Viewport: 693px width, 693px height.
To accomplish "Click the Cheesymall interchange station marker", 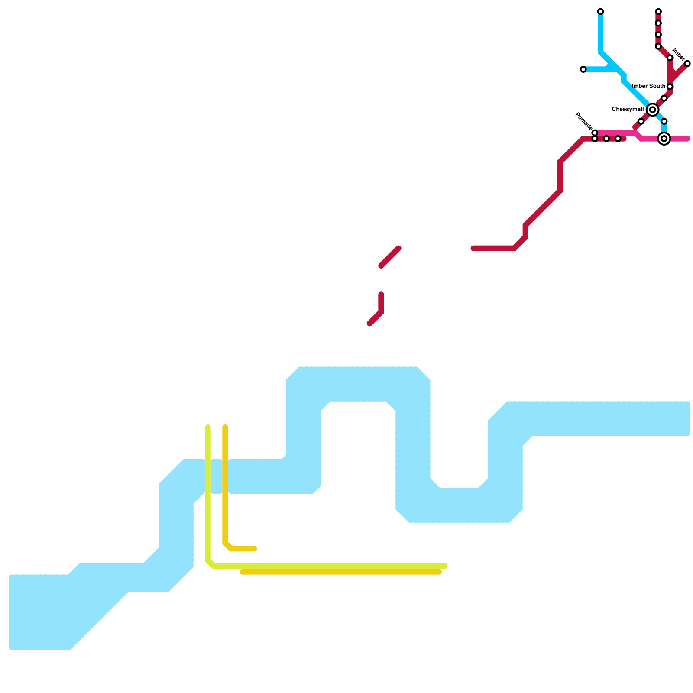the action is pos(652,110).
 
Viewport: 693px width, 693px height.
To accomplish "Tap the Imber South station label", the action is pos(648,87).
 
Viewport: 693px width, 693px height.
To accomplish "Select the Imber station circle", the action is pos(687,64).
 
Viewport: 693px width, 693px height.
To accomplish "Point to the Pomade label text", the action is pos(583,121).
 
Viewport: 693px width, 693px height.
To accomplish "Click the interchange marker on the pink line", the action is pos(664,139).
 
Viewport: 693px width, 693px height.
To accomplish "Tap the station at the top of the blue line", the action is pos(600,11).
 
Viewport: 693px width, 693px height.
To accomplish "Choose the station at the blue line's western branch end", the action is pos(583,69).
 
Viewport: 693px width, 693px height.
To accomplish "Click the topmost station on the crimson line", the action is pos(658,11).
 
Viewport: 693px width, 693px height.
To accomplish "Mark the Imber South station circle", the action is pos(670,87).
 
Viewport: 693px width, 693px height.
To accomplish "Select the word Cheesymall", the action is pos(628,110).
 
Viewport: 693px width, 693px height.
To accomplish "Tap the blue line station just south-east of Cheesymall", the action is pos(664,121).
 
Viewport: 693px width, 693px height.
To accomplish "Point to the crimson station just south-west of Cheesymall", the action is pos(641,121).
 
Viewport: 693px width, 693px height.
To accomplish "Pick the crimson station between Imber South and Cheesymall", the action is pos(664,98).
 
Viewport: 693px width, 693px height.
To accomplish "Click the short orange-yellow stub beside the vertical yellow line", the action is pos(243,549).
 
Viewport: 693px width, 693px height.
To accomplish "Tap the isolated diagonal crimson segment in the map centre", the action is pos(390,257).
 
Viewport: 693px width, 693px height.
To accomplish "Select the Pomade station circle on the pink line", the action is pos(595,133).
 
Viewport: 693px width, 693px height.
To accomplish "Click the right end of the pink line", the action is pos(687,139).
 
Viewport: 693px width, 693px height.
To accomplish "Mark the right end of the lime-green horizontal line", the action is pos(445,566).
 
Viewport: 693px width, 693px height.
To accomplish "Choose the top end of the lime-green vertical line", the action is pos(208,427).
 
